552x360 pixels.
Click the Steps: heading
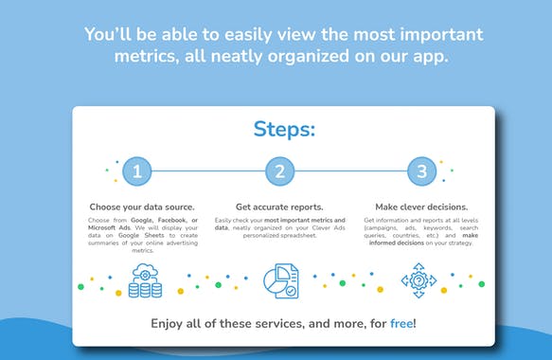(283, 129)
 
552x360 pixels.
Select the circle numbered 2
(280, 171)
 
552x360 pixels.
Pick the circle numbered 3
(422, 171)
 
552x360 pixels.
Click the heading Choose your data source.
(142, 207)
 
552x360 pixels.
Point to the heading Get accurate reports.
(280, 207)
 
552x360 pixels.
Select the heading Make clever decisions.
(420, 207)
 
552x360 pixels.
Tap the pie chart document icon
(281, 280)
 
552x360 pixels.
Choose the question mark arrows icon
(418, 280)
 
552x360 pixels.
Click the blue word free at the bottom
(401, 324)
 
